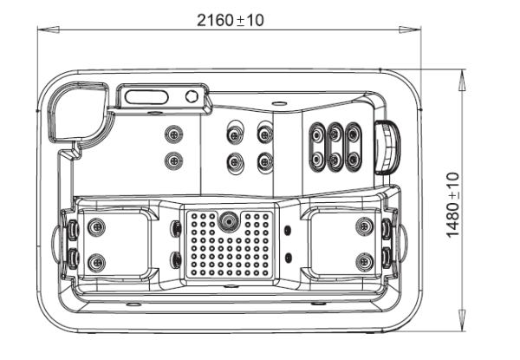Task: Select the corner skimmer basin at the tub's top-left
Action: (x=75, y=113)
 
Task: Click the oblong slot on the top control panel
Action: (x=148, y=95)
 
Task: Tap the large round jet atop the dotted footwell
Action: (x=229, y=220)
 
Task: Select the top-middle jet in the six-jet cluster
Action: (x=335, y=134)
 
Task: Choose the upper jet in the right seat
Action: (x=362, y=226)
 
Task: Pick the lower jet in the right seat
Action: (x=362, y=258)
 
